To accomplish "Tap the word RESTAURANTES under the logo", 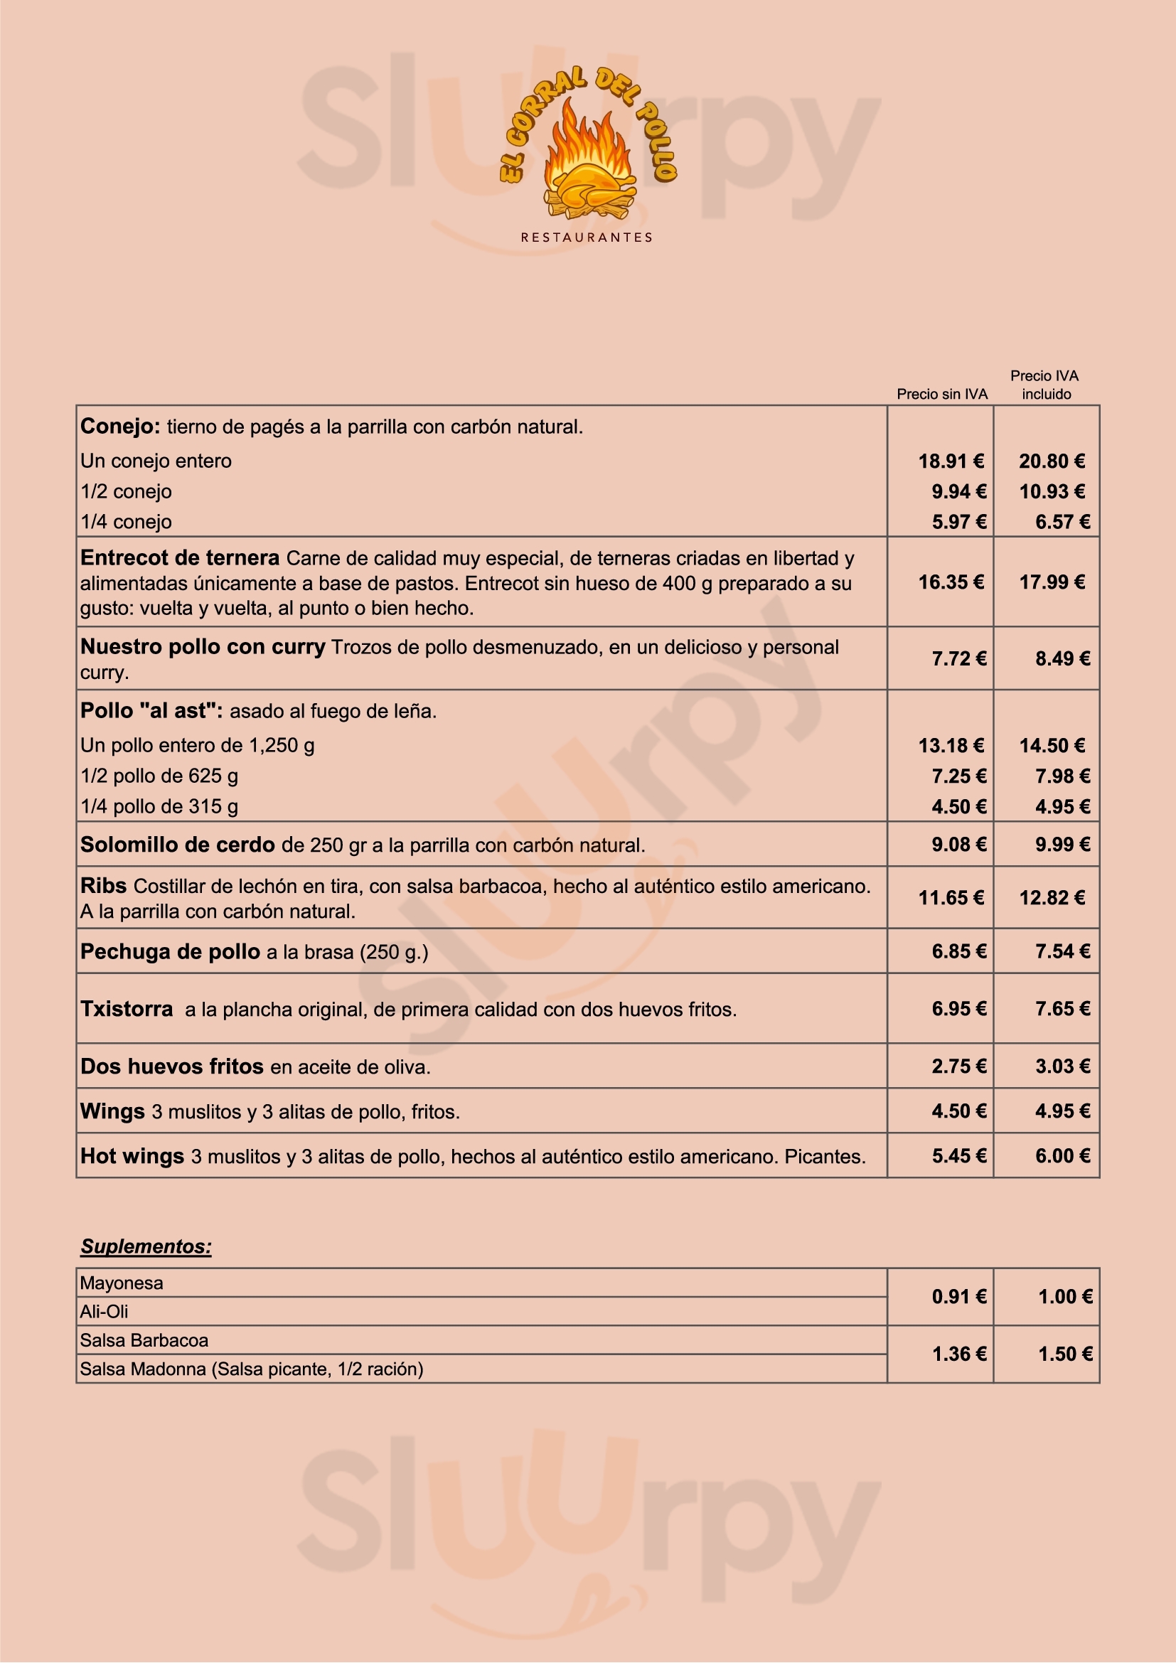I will tap(587, 237).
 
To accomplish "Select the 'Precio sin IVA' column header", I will tap(941, 394).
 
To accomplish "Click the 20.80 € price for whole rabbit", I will tap(1052, 461).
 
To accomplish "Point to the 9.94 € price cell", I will tap(958, 492).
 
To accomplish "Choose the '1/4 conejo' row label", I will tap(126, 523).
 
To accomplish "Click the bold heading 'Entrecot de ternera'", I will tap(180, 557).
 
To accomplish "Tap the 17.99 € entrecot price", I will tap(1052, 582).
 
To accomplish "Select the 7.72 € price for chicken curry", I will tap(958, 658).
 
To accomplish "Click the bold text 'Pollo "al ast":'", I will tap(151, 710).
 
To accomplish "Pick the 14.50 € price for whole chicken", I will tap(1052, 746).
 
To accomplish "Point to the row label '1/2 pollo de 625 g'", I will tap(159, 776).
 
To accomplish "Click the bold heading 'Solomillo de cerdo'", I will tap(178, 845).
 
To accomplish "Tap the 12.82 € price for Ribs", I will tap(1052, 898).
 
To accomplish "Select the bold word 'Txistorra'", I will tap(127, 1009).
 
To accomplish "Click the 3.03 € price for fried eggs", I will tap(1062, 1066).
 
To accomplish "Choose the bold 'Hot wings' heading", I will tap(132, 1156).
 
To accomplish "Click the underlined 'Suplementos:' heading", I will tap(146, 1246).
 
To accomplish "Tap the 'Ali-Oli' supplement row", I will tap(105, 1312).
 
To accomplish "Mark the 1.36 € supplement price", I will tap(958, 1354).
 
